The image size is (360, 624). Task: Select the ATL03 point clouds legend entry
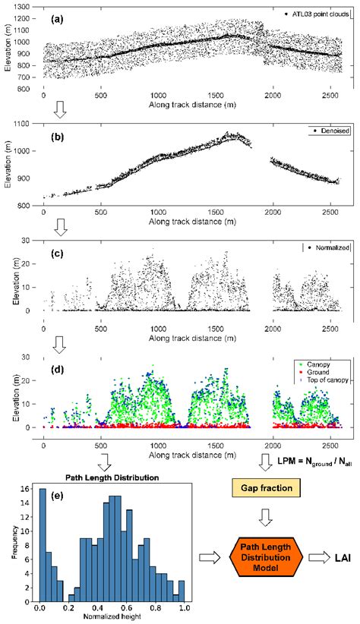point(317,15)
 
